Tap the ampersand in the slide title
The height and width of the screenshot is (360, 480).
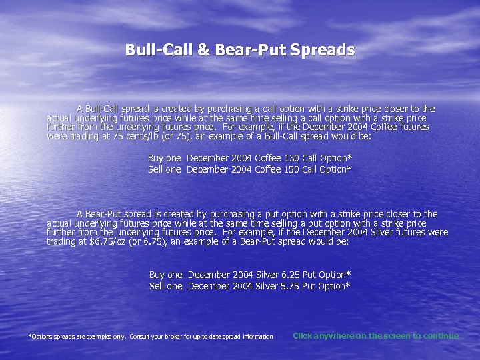tap(202, 50)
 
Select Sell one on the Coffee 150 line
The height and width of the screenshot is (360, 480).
tap(164, 169)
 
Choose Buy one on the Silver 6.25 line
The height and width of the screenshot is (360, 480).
tap(165, 275)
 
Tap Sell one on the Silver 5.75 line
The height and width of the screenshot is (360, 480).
tap(165, 286)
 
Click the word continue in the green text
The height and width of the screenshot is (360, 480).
tap(441, 335)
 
